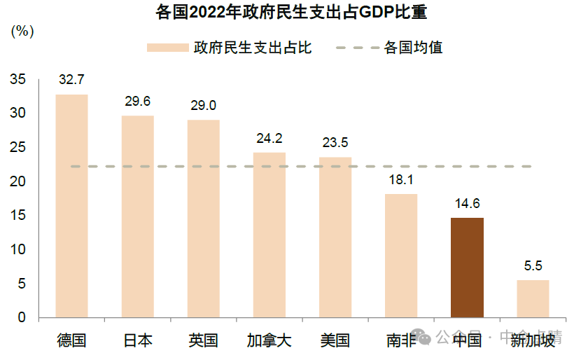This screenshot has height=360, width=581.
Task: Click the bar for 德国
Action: [x=71, y=206]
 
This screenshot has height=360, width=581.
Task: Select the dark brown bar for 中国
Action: [x=467, y=268]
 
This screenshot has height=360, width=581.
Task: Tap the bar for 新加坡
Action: [x=533, y=299]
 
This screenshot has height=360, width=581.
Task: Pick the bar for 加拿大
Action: [x=269, y=235]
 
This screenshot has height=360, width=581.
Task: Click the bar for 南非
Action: [x=401, y=256]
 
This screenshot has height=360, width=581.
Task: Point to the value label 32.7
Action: [x=71, y=80]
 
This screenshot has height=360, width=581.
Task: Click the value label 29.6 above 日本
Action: [x=137, y=101]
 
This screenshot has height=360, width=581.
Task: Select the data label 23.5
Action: [x=335, y=143]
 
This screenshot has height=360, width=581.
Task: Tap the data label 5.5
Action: [x=533, y=266]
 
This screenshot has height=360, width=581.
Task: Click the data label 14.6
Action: [x=467, y=204]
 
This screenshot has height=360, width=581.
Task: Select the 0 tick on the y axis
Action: [x=21, y=317]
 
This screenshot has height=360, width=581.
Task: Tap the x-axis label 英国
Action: [x=203, y=341]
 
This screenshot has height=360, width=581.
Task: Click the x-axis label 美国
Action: [x=335, y=341]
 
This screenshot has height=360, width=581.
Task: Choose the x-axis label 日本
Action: [x=137, y=341]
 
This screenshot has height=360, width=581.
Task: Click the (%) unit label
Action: [x=22, y=31]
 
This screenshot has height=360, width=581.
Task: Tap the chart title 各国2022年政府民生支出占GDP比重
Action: [x=290, y=12]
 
